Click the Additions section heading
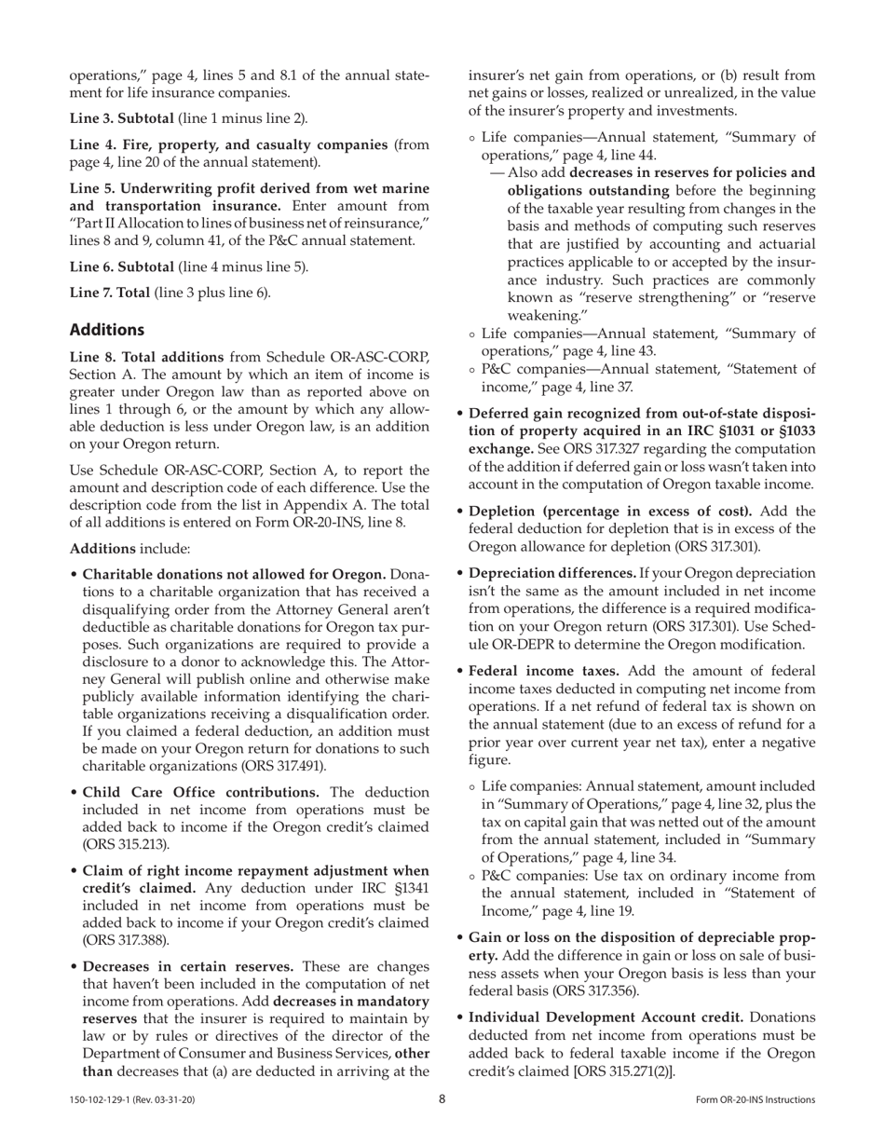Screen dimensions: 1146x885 [x=107, y=330]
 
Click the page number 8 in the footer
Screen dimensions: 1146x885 [x=442, y=1099]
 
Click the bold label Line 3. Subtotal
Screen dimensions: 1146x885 [x=121, y=118]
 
